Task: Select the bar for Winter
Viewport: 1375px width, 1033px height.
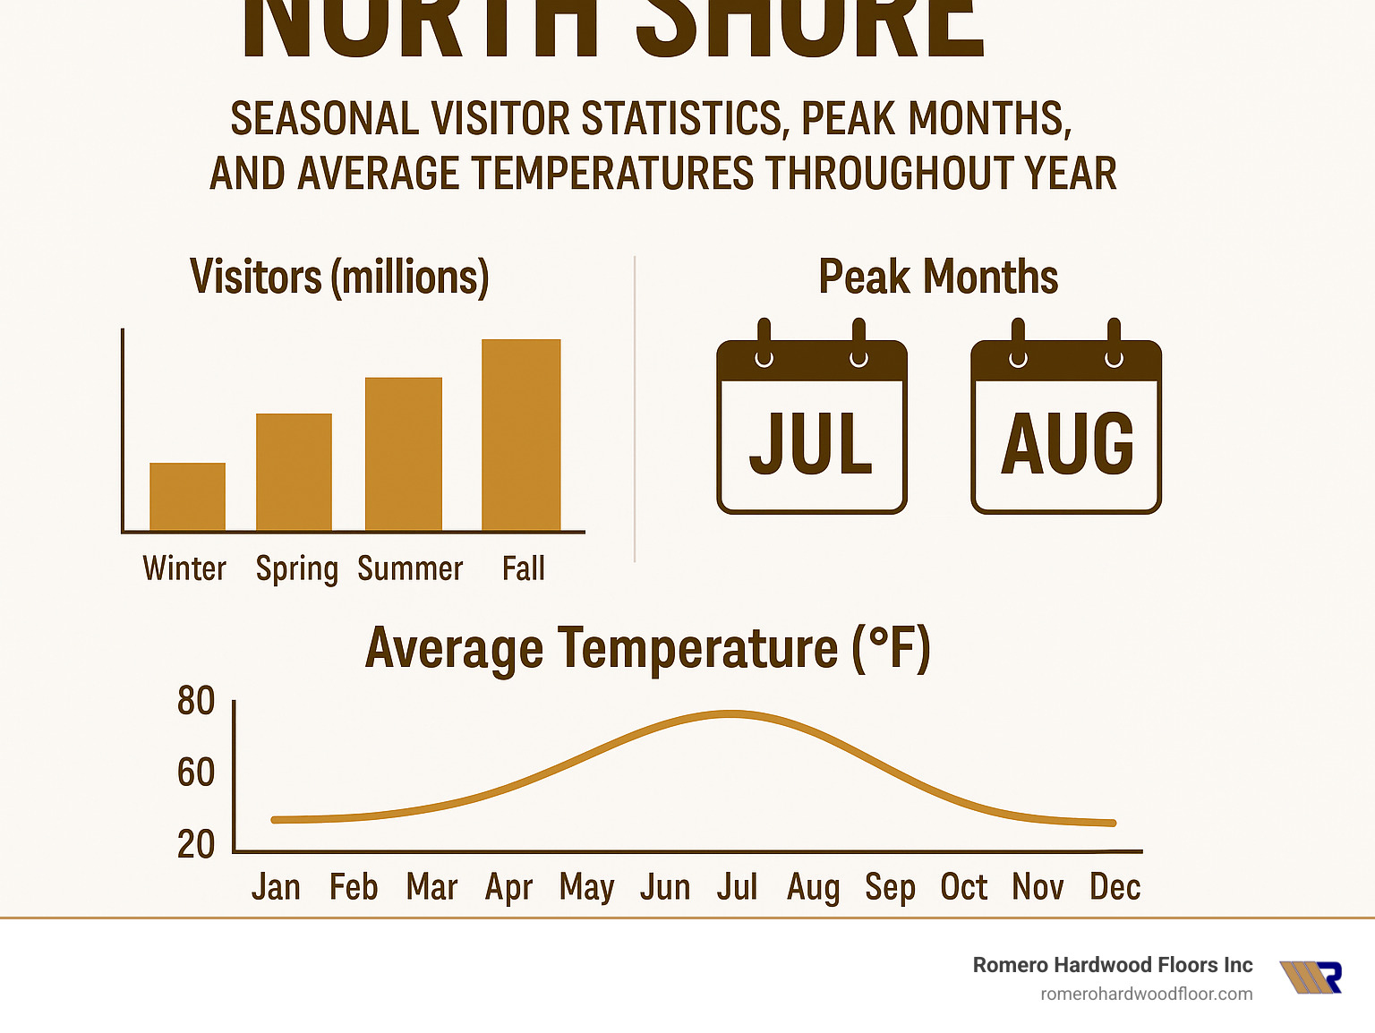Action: pyautogui.click(x=187, y=497)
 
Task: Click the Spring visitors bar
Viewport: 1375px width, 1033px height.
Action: pyautogui.click(x=294, y=472)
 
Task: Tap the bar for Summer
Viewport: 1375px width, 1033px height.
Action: pyautogui.click(x=404, y=454)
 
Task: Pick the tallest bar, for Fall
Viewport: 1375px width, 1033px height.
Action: pyautogui.click(x=521, y=435)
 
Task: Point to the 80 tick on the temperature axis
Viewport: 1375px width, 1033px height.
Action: pyautogui.click(x=196, y=701)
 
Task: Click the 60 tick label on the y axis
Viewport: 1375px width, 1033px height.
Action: pyautogui.click(x=196, y=773)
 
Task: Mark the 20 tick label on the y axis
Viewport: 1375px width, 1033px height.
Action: pyautogui.click(x=196, y=844)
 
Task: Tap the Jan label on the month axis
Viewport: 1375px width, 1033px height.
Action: pyautogui.click(x=276, y=887)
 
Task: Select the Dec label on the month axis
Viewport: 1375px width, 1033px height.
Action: pyautogui.click(x=1115, y=887)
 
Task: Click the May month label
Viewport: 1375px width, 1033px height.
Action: pyautogui.click(x=586, y=888)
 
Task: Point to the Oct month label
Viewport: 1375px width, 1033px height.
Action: pyautogui.click(x=964, y=887)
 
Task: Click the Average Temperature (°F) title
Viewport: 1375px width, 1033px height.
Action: pyautogui.click(x=648, y=649)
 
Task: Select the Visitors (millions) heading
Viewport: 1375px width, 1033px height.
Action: pyautogui.click(x=339, y=277)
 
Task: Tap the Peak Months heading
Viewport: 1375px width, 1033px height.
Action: pyautogui.click(x=938, y=277)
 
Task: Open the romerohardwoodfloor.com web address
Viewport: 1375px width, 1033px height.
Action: pyautogui.click(x=1146, y=994)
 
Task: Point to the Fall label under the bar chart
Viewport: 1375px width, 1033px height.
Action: pyautogui.click(x=523, y=568)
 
